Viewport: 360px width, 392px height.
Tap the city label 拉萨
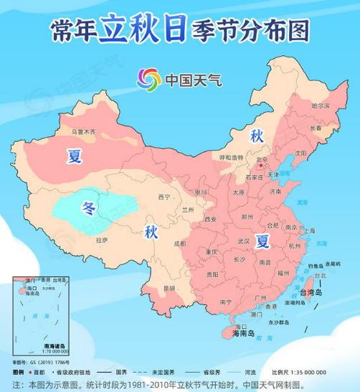point(101,241)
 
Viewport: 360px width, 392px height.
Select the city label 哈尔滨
point(321,106)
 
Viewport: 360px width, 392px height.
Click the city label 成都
point(179,244)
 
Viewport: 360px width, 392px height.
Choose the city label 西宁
point(164,197)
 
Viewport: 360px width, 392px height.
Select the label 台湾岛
point(311,293)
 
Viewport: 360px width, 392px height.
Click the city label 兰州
point(188,210)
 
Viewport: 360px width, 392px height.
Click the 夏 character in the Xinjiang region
point(75,157)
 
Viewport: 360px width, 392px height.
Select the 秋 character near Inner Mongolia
point(257,136)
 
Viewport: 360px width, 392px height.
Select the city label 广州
point(260,297)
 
